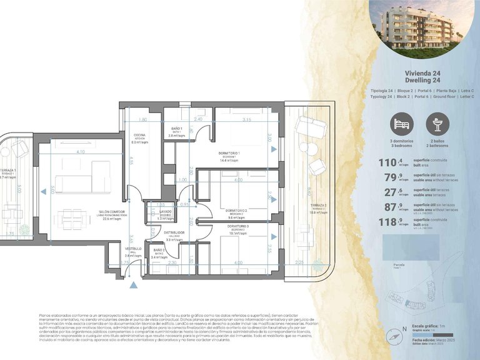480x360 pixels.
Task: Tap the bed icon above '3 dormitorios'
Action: [x=402, y=124]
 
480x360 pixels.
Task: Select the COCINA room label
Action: [x=138, y=136]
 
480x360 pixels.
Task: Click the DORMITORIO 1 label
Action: [x=229, y=153]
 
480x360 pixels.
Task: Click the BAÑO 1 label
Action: [x=177, y=129]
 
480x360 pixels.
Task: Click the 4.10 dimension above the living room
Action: [x=80, y=152]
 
